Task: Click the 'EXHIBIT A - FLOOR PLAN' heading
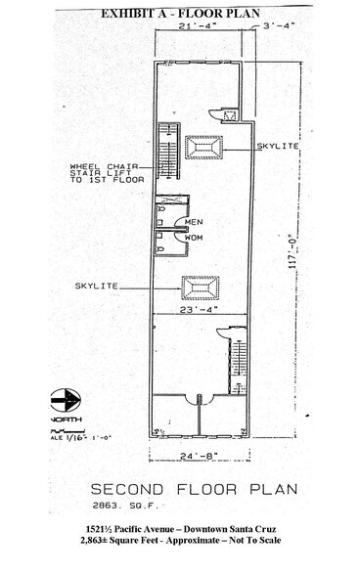pos(180,12)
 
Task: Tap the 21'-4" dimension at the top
pos(198,27)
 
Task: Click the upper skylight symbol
pos(204,147)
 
